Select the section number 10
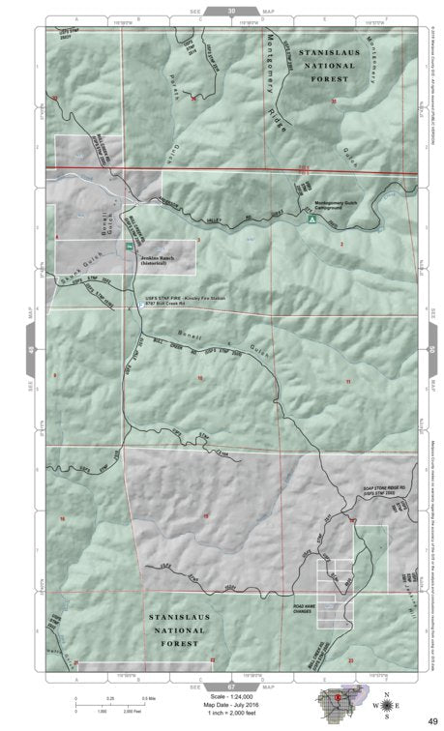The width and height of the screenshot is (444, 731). (200, 377)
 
